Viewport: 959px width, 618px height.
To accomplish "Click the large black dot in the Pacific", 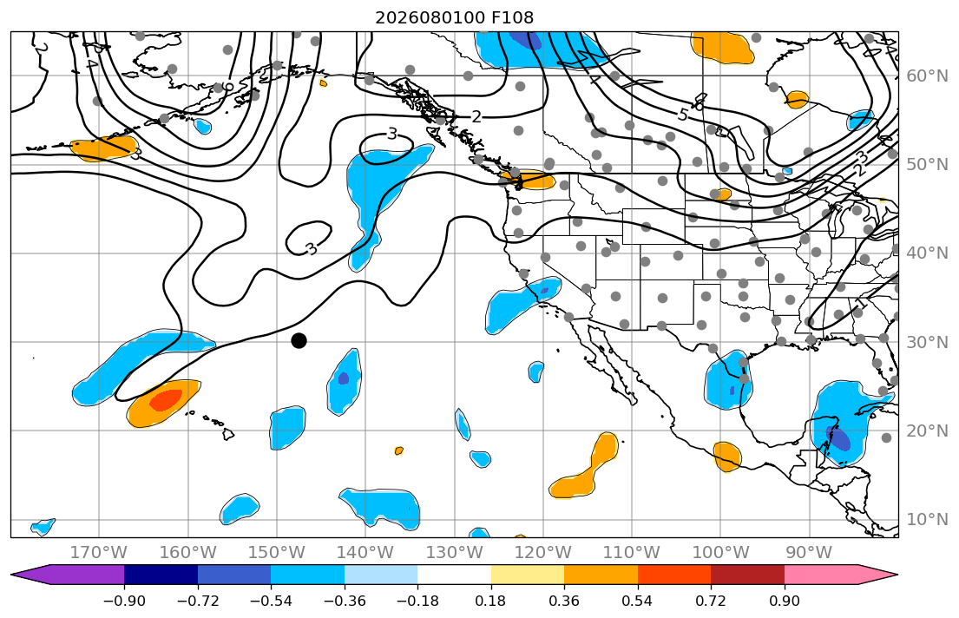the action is (x=299, y=341).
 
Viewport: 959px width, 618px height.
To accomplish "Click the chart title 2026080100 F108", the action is (x=455, y=17).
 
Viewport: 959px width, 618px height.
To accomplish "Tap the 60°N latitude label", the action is (x=927, y=76).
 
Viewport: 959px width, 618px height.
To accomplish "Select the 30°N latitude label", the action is (x=927, y=342).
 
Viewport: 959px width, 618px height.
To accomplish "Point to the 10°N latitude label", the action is (x=927, y=520).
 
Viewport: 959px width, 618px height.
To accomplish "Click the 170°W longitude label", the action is (x=99, y=553).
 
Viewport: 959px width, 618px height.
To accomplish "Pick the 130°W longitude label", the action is (x=455, y=553).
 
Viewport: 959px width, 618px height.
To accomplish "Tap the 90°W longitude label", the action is (x=809, y=553).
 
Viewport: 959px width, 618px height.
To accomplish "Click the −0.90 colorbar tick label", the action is (x=124, y=601).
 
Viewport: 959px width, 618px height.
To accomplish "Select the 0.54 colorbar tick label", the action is (x=637, y=601).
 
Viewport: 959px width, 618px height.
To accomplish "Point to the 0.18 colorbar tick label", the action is (x=490, y=601).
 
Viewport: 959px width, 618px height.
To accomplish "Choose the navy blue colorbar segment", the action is (x=161, y=575).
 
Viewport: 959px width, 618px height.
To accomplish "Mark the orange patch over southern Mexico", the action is (x=727, y=457).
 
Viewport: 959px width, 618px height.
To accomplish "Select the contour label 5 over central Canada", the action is (x=683, y=115).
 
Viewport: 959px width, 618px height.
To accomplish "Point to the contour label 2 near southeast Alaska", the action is (x=476, y=116).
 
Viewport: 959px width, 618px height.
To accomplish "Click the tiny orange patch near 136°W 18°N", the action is (x=399, y=451).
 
